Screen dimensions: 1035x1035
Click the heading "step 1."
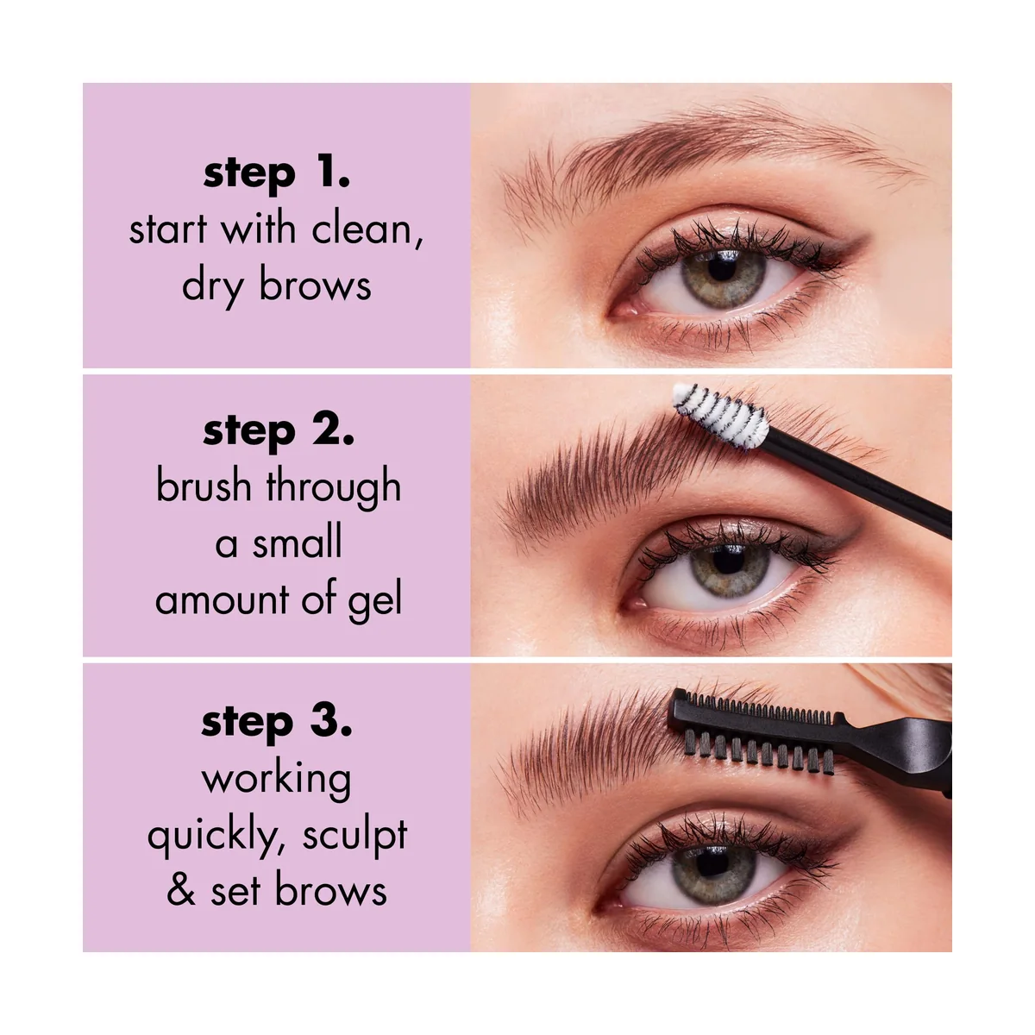(277, 173)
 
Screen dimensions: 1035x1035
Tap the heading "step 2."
(279, 431)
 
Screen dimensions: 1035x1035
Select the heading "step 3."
(277, 723)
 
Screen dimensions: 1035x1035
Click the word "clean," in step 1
(367, 230)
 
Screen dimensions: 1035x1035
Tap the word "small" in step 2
(297, 543)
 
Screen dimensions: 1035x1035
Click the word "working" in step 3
(277, 781)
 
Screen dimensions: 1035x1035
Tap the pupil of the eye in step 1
(722, 267)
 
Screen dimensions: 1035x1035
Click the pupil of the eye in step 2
(728, 560)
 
